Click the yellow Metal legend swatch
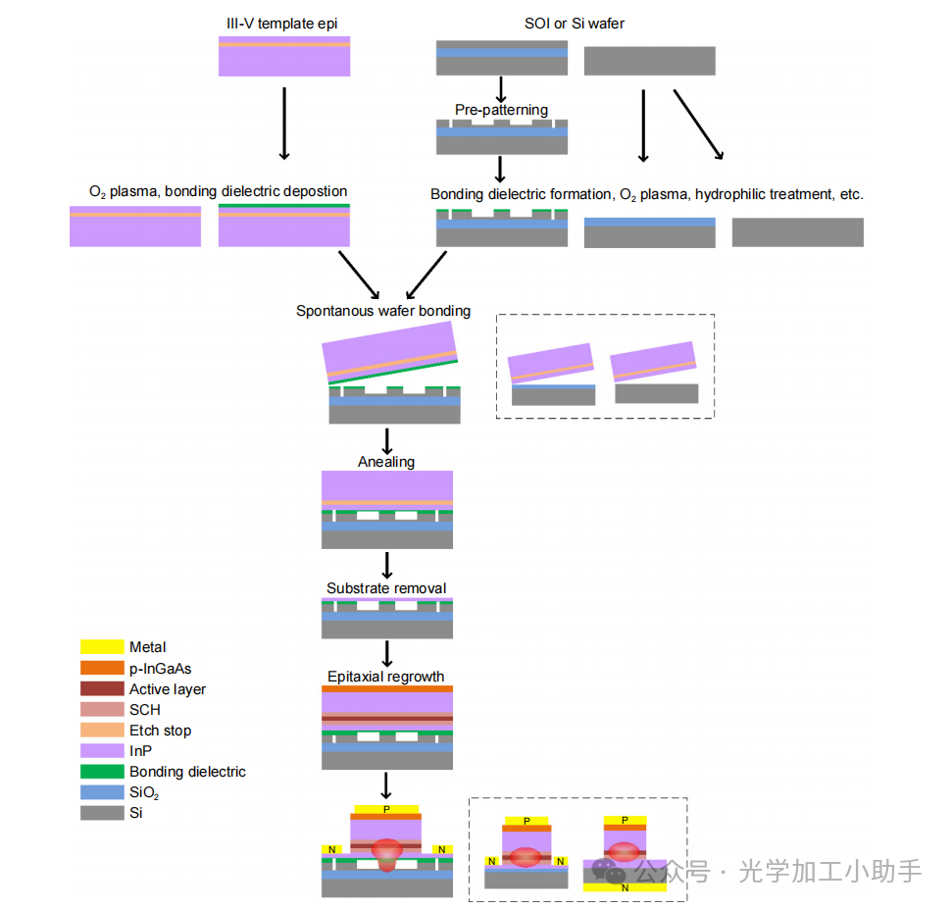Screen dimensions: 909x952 [x=102, y=647]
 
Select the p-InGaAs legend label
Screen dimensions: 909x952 [x=160, y=669]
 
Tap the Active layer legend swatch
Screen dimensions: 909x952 [x=102, y=689]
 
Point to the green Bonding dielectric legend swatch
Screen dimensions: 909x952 [x=102, y=772]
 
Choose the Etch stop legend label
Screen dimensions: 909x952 [x=160, y=731]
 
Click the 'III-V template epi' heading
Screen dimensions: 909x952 [x=283, y=22]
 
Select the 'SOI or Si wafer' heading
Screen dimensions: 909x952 [x=575, y=22]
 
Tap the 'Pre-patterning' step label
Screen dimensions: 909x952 [x=501, y=109]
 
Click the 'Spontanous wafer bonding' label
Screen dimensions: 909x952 [x=383, y=311]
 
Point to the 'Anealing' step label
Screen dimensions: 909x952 [x=386, y=462]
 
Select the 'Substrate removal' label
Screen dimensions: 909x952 [x=386, y=588]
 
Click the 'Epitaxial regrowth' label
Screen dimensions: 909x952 [x=386, y=677]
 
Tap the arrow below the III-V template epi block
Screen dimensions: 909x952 [x=284, y=123]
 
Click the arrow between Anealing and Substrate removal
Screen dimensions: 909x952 [x=387, y=565]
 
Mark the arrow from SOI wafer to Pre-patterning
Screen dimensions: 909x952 [x=501, y=89]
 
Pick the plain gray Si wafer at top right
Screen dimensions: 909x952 [x=649, y=61]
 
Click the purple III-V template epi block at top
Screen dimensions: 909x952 [x=284, y=57]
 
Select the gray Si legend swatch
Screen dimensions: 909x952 [x=102, y=813]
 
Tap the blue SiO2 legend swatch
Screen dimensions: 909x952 [x=102, y=792]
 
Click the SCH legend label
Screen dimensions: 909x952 [x=144, y=710]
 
